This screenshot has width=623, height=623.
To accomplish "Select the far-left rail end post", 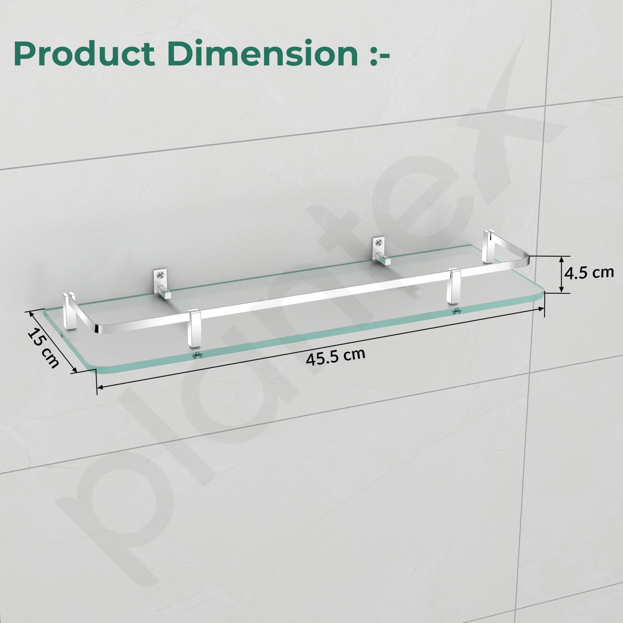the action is point(70,311).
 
